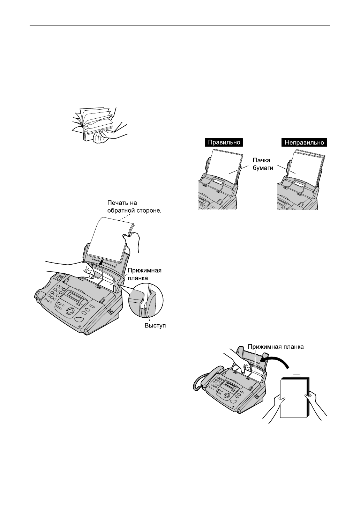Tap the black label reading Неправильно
pos(304,142)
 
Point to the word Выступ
pos(155,325)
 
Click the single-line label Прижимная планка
pos(276,347)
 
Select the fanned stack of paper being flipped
pos(94,120)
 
